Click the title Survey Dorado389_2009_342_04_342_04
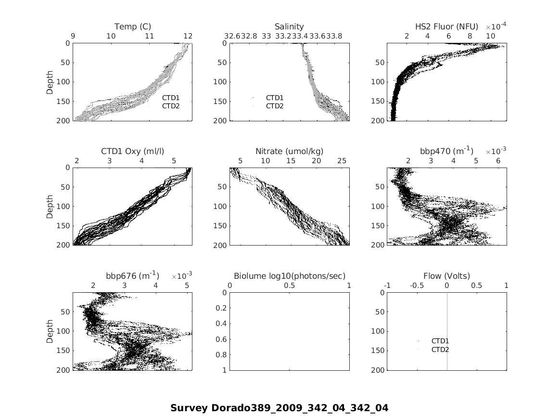click(x=279, y=408)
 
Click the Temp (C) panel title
click(x=132, y=26)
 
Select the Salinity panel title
click(x=289, y=26)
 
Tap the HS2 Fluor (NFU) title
click(x=447, y=26)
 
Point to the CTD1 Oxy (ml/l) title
click(x=132, y=151)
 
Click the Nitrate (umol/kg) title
click(x=289, y=151)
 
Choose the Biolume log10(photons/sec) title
click(x=289, y=276)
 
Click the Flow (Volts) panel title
click(x=446, y=276)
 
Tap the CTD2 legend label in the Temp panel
click(x=170, y=106)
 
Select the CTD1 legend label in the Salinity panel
click(x=275, y=98)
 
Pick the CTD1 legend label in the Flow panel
click(x=440, y=341)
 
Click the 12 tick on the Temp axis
click(x=188, y=36)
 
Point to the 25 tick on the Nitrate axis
click(x=342, y=160)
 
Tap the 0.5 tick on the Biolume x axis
click(x=289, y=285)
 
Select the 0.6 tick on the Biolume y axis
click(x=222, y=339)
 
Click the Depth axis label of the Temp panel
click(x=50, y=82)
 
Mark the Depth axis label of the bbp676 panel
click(x=50, y=331)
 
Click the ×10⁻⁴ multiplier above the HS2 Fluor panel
click(x=496, y=26)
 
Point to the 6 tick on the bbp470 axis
click(x=498, y=160)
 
